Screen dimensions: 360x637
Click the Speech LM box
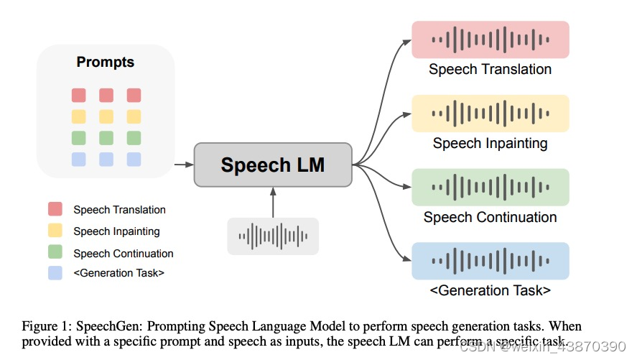click(273, 165)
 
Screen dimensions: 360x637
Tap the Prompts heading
click(106, 63)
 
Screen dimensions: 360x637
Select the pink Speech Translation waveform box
click(490, 39)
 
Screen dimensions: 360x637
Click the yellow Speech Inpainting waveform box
click(490, 113)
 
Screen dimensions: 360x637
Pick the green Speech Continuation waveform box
click(490, 187)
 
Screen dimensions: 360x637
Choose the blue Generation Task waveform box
click(490, 261)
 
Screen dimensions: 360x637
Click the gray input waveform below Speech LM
click(273, 236)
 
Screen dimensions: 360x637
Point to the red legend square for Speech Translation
click(55, 210)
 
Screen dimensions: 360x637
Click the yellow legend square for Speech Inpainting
click(55, 231)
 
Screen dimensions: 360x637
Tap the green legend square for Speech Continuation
click(55, 253)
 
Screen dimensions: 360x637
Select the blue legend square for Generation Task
click(55, 273)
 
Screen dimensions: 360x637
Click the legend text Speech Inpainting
click(116, 231)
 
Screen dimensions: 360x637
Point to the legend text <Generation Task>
click(118, 273)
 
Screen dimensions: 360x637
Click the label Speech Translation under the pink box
click(490, 70)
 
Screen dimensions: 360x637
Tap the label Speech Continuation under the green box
click(490, 217)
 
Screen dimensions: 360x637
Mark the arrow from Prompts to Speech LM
click(184, 165)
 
